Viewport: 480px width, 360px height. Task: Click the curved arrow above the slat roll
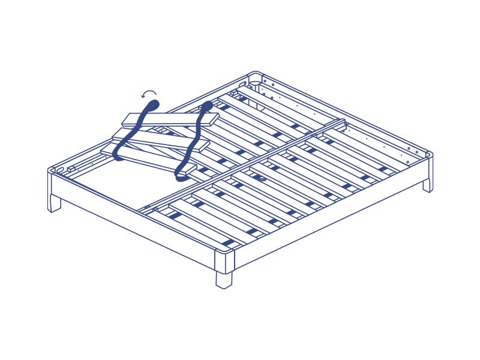(149, 94)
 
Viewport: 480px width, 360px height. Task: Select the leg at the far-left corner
(54, 202)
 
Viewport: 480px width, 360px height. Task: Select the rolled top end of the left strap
(152, 106)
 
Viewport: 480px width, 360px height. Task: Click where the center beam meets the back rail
(343, 123)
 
